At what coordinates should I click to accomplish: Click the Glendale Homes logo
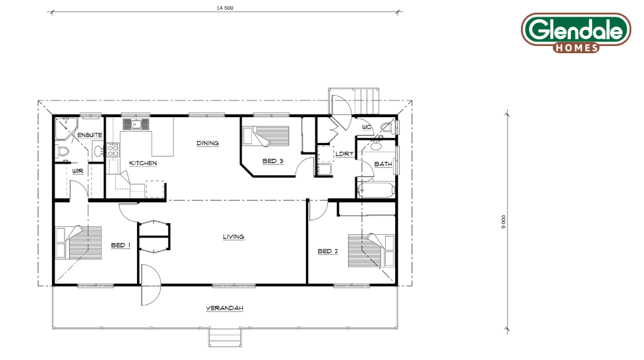point(576,33)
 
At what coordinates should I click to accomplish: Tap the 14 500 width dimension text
point(225,8)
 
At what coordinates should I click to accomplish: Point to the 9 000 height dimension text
point(504,222)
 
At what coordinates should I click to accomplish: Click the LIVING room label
point(234,237)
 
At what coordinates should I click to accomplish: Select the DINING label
point(208,143)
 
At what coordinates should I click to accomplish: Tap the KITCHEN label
point(143,163)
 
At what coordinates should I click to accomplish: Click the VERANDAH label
point(225,308)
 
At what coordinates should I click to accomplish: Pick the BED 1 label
point(121,246)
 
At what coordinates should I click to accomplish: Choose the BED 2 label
point(328,251)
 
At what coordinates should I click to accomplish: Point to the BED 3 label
point(273,161)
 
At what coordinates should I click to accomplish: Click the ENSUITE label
point(90,135)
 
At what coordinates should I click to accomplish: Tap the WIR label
point(78,171)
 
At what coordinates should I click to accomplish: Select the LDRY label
point(345,154)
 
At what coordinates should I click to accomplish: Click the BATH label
point(383,164)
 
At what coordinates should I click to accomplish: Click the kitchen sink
point(136,124)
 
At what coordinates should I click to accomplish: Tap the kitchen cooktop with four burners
point(113,150)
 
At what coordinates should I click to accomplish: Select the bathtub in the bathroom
point(376,190)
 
